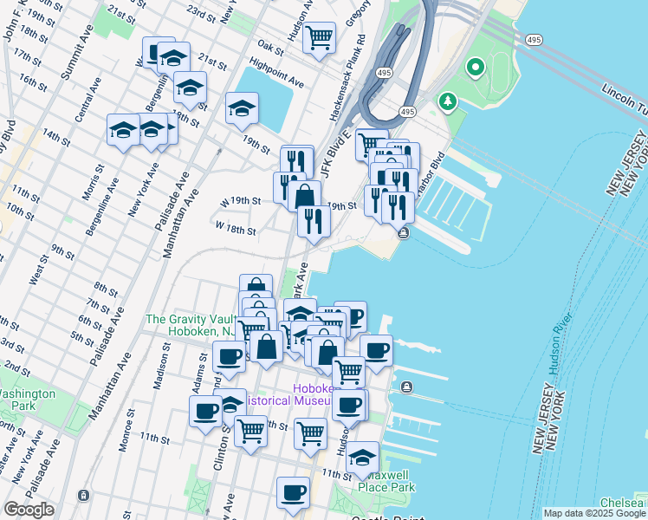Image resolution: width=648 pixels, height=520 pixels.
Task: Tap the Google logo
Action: [x=30, y=510]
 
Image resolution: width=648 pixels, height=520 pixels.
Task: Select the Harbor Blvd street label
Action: [x=429, y=173]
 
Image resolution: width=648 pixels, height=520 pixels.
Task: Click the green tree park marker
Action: [x=447, y=102]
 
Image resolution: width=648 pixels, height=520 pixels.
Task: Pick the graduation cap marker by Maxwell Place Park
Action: [x=362, y=457]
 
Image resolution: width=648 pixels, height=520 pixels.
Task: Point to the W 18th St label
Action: [x=236, y=231]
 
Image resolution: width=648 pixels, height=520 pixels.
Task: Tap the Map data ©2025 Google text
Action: [x=593, y=513]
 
